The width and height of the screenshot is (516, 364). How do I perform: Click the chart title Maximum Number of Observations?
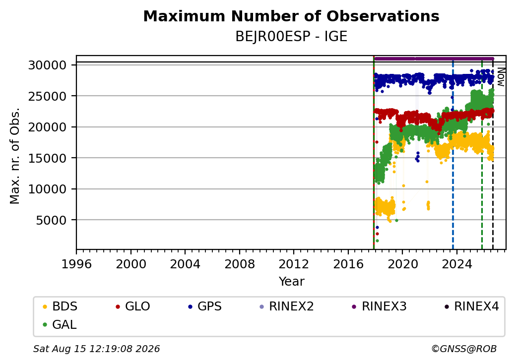291,16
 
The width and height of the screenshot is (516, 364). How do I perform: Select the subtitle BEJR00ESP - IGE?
291,37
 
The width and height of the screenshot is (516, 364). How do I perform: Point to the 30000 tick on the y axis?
48,65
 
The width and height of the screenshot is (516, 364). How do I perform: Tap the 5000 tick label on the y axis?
51,220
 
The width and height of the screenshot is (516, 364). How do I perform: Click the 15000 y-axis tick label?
48,158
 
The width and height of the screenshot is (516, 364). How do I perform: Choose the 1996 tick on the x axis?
76,264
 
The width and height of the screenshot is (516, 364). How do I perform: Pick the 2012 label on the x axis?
294,264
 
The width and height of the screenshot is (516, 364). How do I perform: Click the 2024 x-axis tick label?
456,264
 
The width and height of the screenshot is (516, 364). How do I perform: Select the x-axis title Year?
291,282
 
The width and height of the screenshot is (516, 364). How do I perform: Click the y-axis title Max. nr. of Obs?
15,156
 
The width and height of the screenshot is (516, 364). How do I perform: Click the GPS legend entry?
205,306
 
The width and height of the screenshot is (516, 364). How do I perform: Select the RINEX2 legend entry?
287,306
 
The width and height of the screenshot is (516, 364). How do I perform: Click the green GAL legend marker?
45,325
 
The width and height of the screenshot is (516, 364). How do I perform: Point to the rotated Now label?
501,76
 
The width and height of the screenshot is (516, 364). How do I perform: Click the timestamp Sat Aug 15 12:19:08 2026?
96,349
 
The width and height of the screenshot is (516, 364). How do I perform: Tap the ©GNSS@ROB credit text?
464,349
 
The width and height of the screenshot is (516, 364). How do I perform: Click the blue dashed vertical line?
453,155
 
